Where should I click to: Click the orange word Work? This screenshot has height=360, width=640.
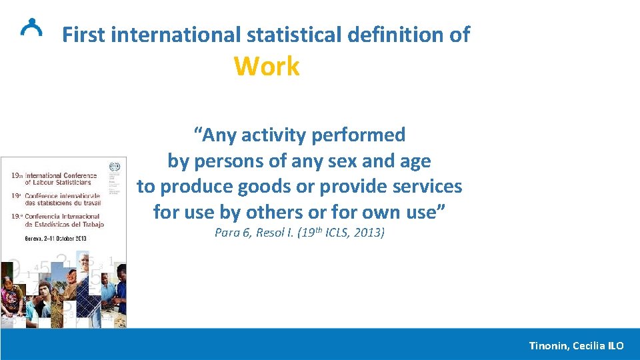coord(267,67)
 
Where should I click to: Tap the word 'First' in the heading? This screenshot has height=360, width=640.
coord(85,34)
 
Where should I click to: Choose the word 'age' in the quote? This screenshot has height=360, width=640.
coord(415,161)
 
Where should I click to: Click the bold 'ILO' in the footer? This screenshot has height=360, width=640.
coord(615,345)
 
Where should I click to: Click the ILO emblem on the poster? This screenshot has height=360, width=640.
coord(116,167)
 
